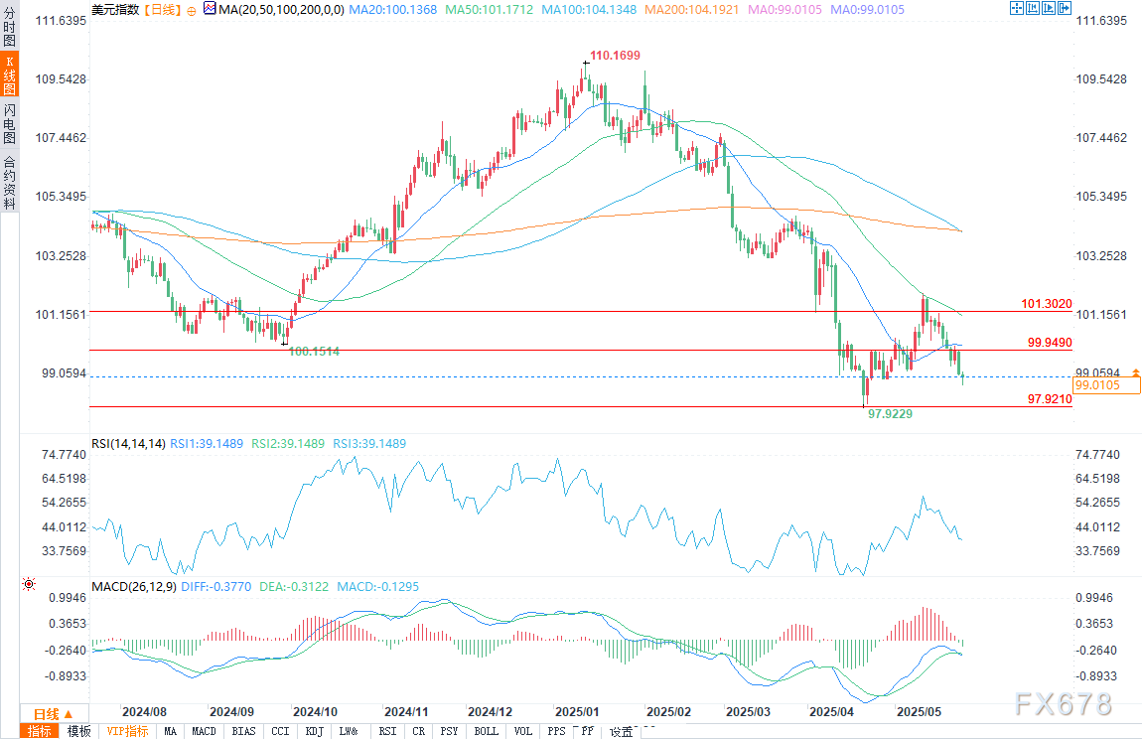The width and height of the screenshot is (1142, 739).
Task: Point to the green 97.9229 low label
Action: click(890, 412)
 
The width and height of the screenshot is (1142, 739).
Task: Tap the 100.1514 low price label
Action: click(315, 352)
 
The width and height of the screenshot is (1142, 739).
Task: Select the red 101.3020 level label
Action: click(1047, 303)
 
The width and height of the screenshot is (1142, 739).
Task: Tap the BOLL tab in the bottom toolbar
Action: click(487, 732)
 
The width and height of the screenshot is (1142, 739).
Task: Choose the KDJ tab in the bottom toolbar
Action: click(314, 732)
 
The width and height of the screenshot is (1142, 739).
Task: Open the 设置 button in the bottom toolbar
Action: click(621, 732)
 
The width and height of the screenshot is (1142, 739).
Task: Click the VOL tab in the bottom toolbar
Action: click(522, 732)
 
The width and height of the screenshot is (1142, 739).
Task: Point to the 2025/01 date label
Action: click(577, 712)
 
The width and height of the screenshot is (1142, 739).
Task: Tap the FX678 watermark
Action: click(1063, 704)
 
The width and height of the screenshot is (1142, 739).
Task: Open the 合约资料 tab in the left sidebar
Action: click(9, 181)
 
